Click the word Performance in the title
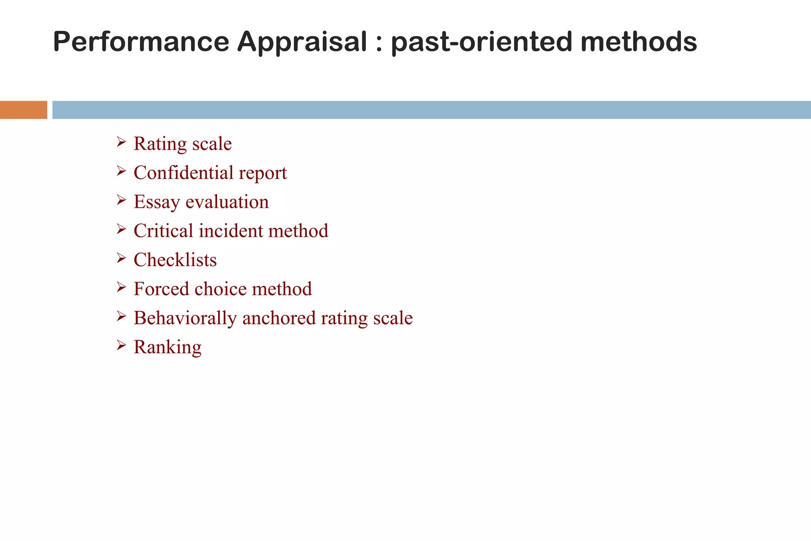(141, 42)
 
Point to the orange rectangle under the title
(23, 110)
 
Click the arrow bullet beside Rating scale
(121, 142)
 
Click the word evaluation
(227, 202)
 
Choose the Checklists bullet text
(175, 260)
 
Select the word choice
(220, 289)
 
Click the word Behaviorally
(185, 318)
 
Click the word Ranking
(168, 347)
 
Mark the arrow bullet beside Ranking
(121, 345)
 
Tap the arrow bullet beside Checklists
(121, 258)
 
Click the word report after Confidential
(263, 173)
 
